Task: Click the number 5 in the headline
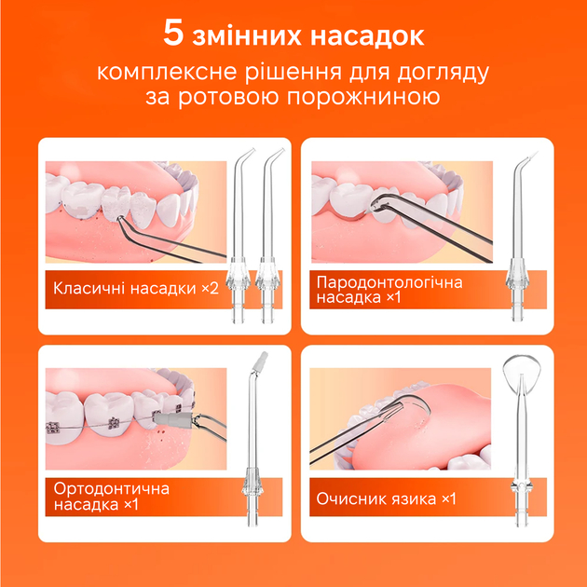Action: tap(174, 35)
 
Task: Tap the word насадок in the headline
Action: tap(365, 35)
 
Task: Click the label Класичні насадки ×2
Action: tap(135, 288)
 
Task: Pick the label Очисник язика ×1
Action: tap(386, 499)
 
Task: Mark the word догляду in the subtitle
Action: tap(455, 72)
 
